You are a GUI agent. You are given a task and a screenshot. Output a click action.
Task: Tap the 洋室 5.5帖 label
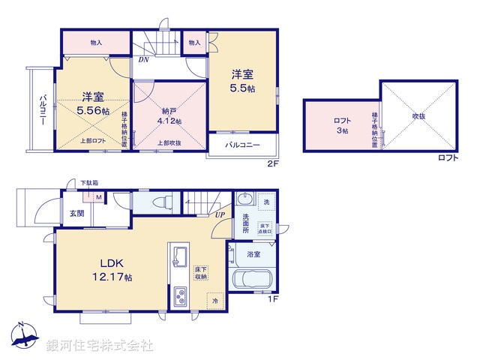point(241,81)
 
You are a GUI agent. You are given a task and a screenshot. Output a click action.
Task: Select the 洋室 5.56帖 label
point(91,103)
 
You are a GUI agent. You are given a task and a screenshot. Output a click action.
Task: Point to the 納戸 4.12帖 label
point(167,113)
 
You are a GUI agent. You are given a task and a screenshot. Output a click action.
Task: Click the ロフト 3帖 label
point(342,125)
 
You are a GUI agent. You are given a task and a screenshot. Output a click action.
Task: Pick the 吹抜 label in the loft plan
point(418,117)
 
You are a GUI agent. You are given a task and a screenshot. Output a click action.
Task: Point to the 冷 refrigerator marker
point(214,298)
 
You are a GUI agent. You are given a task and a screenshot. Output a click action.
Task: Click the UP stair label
point(220,215)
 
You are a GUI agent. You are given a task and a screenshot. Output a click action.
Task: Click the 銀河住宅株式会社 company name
point(99,346)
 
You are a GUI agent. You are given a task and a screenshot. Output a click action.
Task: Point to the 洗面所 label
point(246,223)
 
